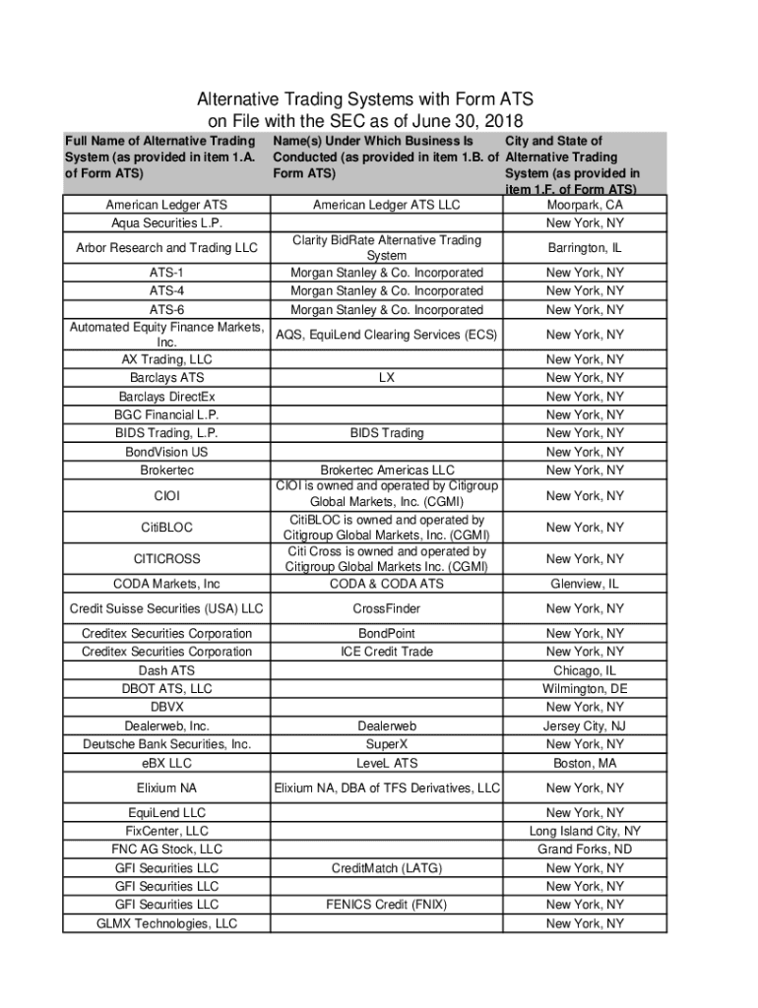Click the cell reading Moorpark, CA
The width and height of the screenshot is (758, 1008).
tap(585, 206)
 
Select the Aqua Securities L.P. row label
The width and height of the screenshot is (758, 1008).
tap(166, 224)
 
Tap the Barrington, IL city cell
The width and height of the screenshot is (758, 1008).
tap(585, 248)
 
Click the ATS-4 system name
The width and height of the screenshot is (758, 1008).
tap(166, 291)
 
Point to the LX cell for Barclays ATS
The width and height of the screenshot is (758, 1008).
tap(387, 378)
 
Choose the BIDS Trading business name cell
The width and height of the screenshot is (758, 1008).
tap(387, 433)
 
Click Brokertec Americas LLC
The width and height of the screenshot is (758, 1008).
tap(387, 471)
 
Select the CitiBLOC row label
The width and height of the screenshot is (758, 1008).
tap(166, 528)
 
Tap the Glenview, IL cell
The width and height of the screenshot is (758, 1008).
tap(585, 584)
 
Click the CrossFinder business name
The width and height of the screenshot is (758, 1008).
tap(387, 609)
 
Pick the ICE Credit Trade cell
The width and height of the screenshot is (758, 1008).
tap(387, 652)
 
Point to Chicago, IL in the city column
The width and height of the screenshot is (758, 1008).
tap(585, 670)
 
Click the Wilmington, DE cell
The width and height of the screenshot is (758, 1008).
tap(585, 689)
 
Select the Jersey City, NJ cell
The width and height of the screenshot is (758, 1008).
tap(585, 726)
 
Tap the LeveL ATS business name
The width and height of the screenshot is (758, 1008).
tap(387, 763)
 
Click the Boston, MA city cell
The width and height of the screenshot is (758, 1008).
tap(585, 763)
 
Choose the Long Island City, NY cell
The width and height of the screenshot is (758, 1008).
tap(585, 831)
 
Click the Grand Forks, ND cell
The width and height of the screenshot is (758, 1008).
tap(585, 849)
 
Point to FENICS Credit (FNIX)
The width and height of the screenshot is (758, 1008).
tap(387, 905)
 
